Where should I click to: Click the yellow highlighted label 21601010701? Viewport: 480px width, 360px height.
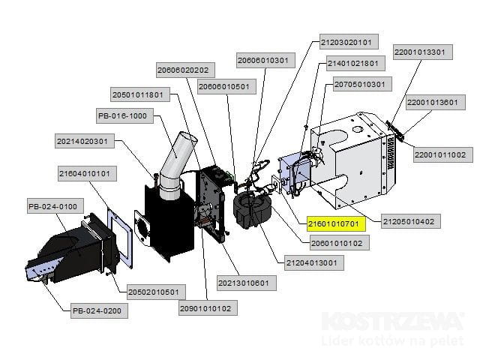(335, 223)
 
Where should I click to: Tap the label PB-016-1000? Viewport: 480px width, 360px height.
(123, 115)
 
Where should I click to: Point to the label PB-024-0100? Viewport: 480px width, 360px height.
(52, 206)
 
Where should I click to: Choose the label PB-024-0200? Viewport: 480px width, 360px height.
(96, 310)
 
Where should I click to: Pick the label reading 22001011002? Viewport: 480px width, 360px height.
(440, 155)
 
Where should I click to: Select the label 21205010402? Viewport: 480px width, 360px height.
(412, 221)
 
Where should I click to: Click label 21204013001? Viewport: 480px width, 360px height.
(310, 262)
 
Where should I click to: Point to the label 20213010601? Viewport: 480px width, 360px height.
(243, 283)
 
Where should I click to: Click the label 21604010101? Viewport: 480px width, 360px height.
(85, 173)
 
